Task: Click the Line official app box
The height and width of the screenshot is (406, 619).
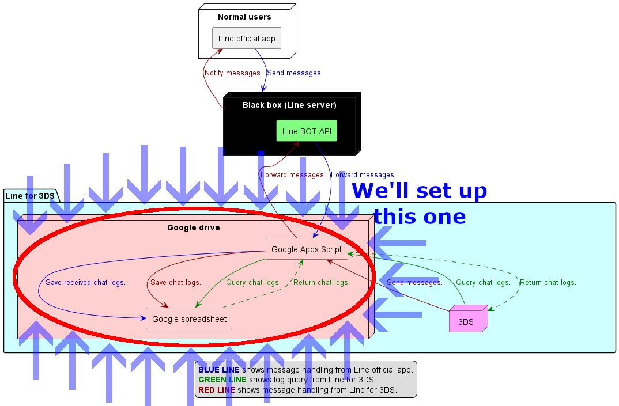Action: pyautogui.click(x=247, y=39)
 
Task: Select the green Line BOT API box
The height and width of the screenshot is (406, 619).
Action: pyautogui.click(x=307, y=131)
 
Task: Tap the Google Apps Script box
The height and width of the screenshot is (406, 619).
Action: pyautogui.click(x=307, y=249)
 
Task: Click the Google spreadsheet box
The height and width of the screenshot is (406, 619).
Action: pyautogui.click(x=189, y=318)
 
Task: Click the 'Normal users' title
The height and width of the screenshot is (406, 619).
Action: pyautogui.click(x=244, y=17)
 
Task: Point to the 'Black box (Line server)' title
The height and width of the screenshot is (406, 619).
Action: pyautogui.click(x=289, y=105)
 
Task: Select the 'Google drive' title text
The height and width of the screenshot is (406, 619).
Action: pyautogui.click(x=193, y=227)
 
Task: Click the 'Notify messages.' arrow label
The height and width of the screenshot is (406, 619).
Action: pyautogui.click(x=233, y=73)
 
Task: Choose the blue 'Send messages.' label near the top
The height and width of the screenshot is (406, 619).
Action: pyautogui.click(x=295, y=73)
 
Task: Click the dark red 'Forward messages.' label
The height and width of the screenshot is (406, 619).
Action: pyautogui.click(x=293, y=174)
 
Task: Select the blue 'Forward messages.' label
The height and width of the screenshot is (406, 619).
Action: pyautogui.click(x=363, y=174)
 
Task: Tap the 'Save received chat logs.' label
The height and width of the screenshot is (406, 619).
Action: pyautogui.click(x=85, y=283)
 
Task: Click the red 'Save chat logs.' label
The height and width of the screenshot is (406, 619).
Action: pyautogui.click(x=175, y=283)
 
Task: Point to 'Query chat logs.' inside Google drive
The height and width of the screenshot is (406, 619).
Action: pyautogui.click(x=253, y=283)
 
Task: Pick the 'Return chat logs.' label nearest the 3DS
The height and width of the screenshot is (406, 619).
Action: pyautogui.click(x=548, y=283)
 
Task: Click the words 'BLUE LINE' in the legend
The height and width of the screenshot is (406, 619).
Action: pyautogui.click(x=219, y=370)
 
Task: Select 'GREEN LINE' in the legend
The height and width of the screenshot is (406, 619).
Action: pyautogui.click(x=222, y=380)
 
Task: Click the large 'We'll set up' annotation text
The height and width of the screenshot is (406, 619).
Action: pyautogui.click(x=420, y=191)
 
